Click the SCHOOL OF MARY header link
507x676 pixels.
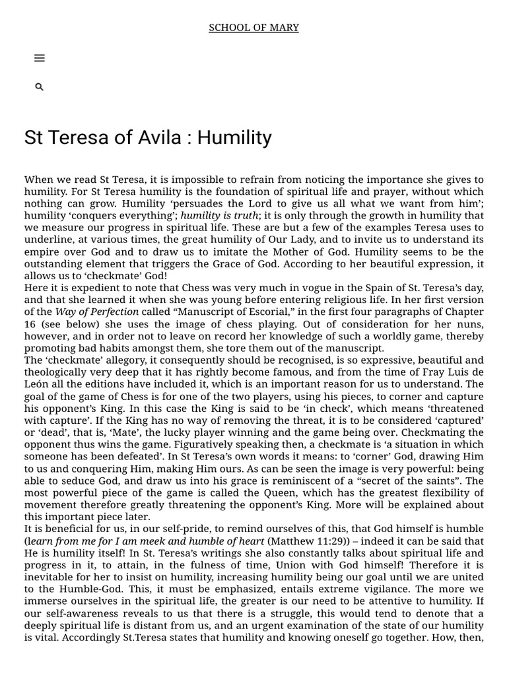253,28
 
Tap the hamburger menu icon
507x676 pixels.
39,58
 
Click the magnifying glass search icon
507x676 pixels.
39,87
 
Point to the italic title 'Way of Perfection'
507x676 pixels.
97,312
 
